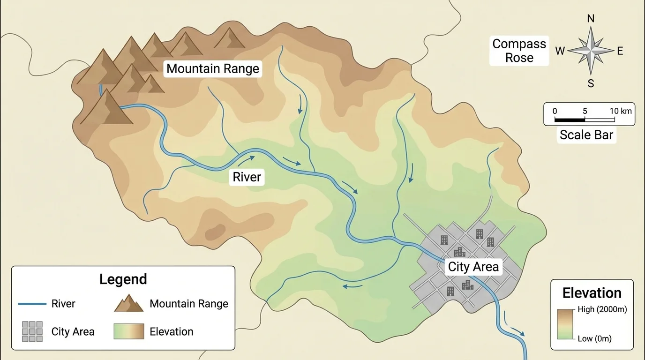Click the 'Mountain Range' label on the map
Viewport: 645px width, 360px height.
point(212,69)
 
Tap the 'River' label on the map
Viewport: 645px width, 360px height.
point(247,178)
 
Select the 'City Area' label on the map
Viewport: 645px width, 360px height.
point(473,267)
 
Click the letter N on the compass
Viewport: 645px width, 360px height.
point(591,19)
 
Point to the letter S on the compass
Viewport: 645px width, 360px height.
point(591,84)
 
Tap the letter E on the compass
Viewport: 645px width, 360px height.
point(620,51)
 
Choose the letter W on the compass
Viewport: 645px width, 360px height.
point(560,51)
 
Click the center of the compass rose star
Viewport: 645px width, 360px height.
point(591,50)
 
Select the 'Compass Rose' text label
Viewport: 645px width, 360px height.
point(519,51)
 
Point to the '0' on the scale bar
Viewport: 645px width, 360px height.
point(555,111)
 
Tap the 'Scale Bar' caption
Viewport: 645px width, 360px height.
point(586,135)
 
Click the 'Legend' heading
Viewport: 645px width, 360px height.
point(123,279)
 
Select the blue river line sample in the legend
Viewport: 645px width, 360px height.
point(32,304)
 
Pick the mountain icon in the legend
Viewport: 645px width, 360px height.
point(128,303)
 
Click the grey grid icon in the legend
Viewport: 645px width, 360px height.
point(32,331)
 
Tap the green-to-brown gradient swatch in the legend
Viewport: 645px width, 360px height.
point(128,331)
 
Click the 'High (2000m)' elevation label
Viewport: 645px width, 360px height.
point(602,309)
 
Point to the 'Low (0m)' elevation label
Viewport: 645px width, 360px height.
point(594,338)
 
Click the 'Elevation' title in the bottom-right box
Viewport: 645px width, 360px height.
point(592,293)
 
